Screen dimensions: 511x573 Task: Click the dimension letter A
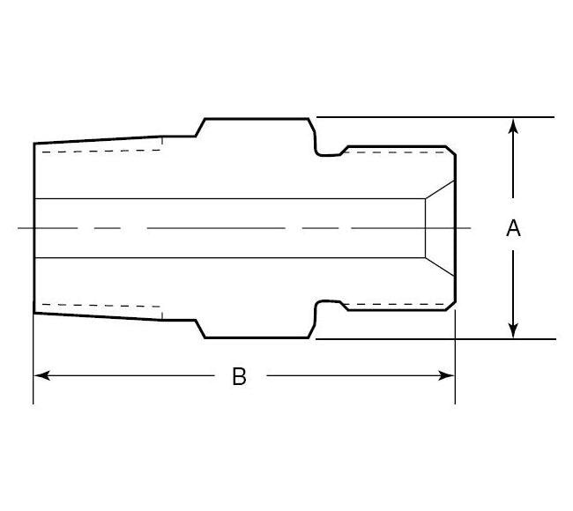513,228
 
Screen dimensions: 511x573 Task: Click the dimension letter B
239,376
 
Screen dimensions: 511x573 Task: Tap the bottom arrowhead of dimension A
513,331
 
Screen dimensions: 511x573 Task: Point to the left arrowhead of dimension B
41,375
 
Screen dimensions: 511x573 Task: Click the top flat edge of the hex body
256,118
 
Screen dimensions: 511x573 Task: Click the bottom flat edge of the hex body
256,337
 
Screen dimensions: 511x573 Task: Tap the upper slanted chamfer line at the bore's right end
440,189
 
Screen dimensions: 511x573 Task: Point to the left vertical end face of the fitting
33,228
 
